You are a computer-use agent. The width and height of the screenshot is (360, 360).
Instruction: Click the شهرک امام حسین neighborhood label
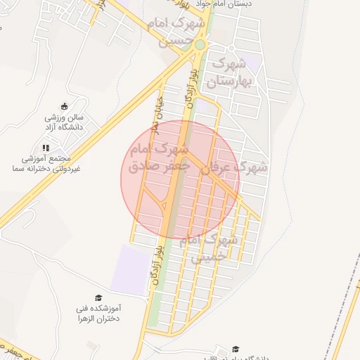click(x=176, y=32)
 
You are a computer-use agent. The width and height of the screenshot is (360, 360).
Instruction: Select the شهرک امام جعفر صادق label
click(x=160, y=158)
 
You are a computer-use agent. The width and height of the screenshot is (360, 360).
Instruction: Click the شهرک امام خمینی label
click(x=210, y=247)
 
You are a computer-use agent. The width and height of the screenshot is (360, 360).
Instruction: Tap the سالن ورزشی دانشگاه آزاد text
click(x=65, y=122)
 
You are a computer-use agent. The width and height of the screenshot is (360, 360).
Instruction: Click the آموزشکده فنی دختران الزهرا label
click(x=98, y=313)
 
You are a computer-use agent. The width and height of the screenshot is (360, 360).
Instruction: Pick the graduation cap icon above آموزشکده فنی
click(x=98, y=298)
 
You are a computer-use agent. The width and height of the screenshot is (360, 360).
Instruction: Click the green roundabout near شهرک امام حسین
click(x=200, y=45)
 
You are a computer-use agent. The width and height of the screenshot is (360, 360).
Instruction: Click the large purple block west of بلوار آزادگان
click(x=130, y=269)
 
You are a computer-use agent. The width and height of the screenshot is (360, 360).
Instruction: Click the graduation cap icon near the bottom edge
click(x=236, y=349)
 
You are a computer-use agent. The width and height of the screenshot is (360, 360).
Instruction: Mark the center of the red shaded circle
click(x=180, y=180)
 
